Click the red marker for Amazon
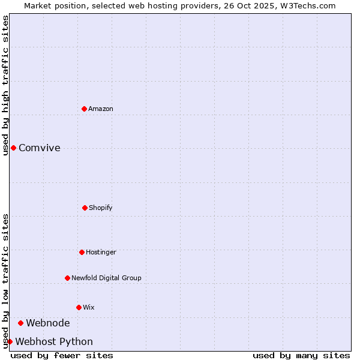point(84,109)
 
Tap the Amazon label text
point(101,109)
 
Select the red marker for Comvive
point(13,148)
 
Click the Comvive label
point(40,148)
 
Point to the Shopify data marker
point(85,208)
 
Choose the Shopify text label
point(101,208)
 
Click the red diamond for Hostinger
point(82,252)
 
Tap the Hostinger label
point(101,252)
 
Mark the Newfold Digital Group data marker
point(67,278)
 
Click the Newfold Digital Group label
point(106,278)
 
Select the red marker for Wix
point(79,307)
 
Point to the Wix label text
point(89,307)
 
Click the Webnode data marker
point(20,323)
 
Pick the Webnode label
point(48,323)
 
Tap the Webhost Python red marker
point(10,341)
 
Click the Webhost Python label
point(54,342)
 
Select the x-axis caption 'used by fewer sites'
point(62,355)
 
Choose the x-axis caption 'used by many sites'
point(301,355)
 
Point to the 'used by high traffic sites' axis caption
point(5,85)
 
